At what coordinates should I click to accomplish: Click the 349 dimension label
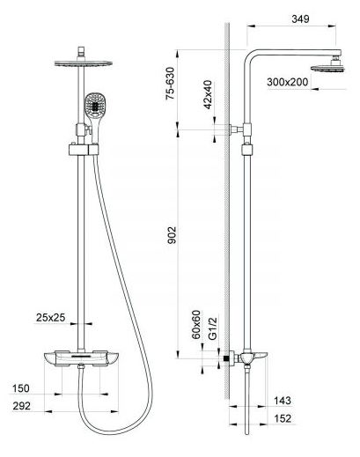point(300,19)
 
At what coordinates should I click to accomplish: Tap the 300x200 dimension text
point(288,82)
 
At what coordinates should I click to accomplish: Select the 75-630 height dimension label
point(170,84)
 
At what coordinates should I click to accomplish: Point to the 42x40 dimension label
point(208,94)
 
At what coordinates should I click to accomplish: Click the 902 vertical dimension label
point(172,235)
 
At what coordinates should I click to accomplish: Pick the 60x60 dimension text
point(196,325)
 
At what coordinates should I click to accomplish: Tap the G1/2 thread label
point(213,328)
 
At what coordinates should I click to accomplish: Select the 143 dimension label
point(283,401)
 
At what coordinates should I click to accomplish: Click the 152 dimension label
point(283,418)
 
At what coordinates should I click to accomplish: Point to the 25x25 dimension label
point(50,318)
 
